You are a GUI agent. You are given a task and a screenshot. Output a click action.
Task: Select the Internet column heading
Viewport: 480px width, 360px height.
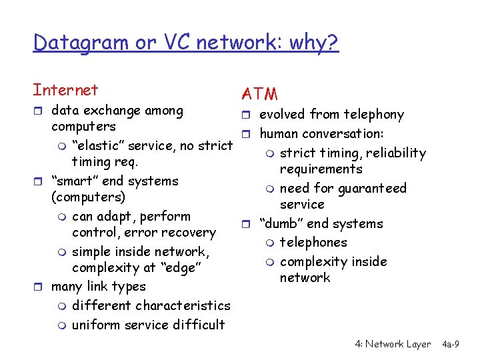65,90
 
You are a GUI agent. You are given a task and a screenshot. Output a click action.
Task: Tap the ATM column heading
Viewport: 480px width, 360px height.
260,95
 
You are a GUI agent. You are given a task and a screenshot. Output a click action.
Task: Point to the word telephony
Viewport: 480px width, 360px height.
373,115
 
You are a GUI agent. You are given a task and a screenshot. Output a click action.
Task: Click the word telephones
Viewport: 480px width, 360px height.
313,242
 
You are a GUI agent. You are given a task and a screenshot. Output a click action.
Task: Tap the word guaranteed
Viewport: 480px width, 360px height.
373,189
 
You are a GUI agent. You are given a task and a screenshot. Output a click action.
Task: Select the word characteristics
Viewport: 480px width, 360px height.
183,306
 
